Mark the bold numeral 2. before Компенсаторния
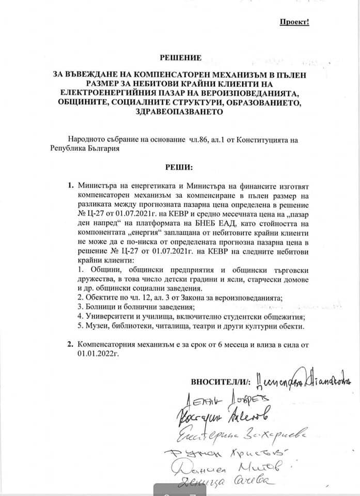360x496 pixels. [x=71, y=345]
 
